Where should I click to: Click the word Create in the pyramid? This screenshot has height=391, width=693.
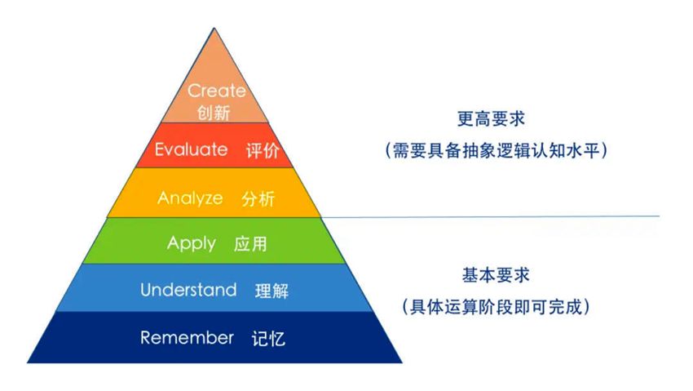[217, 91]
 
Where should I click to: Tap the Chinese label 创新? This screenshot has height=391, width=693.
[214, 113]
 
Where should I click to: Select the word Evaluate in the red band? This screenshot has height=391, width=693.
[192, 149]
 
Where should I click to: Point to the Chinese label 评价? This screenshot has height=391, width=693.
[263, 151]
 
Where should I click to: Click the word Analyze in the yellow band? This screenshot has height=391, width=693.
[190, 198]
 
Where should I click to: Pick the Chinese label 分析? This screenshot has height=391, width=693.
[258, 198]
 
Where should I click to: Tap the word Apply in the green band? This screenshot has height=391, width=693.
[192, 244]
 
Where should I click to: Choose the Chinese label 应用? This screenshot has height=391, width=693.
[250, 244]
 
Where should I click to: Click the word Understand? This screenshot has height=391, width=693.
[188, 290]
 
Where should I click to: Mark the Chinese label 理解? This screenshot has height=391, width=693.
[271, 291]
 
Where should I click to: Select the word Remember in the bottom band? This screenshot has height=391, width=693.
[187, 337]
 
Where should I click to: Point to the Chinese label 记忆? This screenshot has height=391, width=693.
[268, 339]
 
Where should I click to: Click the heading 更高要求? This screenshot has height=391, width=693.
[491, 118]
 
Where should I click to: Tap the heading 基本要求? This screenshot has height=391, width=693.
[496, 275]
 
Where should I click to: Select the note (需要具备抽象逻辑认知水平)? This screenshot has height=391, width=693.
[497, 150]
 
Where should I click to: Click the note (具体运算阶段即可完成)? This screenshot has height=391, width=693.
[496, 307]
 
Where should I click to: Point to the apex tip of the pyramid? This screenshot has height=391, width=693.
[214, 28]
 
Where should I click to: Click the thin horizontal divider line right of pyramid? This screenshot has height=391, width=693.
[491, 217]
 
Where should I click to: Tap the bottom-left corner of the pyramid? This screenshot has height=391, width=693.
[27, 363]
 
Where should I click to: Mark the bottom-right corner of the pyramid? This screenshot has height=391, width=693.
[402, 363]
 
